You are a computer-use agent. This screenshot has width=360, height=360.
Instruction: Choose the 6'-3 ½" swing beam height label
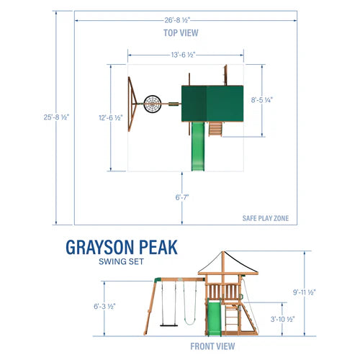click(105, 306)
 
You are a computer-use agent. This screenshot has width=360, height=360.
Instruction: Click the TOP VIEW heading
click(180, 32)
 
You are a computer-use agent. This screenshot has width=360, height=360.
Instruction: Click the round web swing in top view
click(154, 104)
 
